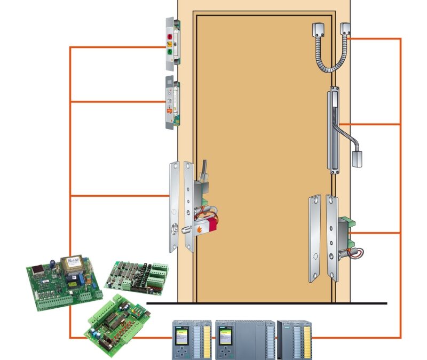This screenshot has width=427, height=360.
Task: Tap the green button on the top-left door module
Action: pyautogui.click(x=170, y=53)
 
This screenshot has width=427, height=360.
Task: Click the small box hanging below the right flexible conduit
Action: pyautogui.click(x=357, y=158)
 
